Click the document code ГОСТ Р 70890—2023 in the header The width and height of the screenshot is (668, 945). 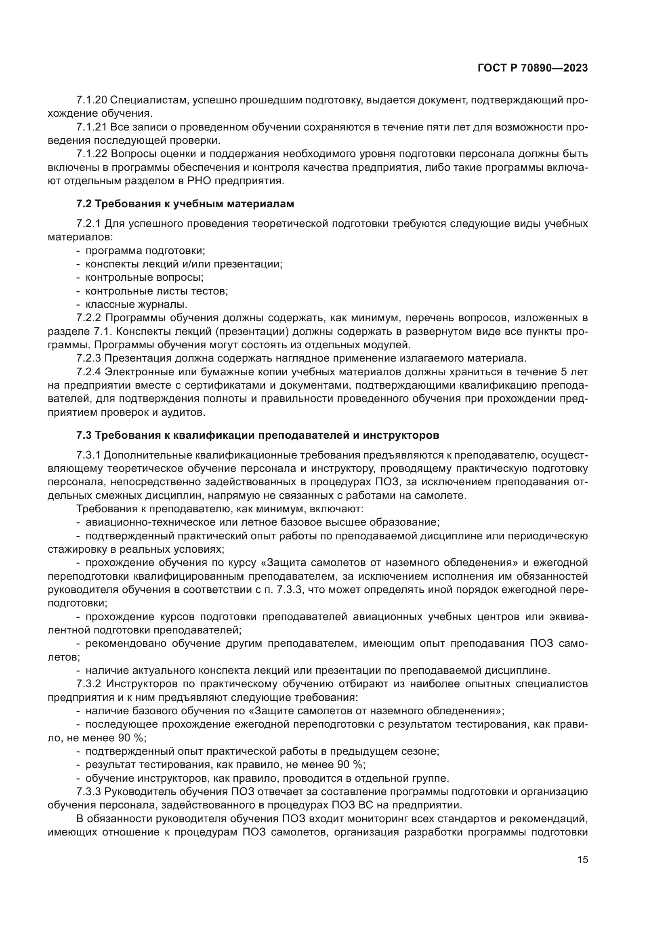click(x=533, y=68)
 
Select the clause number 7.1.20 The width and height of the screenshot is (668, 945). click(x=92, y=100)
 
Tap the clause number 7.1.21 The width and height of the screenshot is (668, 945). click(x=91, y=127)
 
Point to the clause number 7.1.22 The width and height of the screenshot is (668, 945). click(x=92, y=154)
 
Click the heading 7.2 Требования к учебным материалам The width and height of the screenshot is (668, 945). click(x=185, y=204)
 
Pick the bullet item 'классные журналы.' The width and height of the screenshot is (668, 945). click(x=136, y=305)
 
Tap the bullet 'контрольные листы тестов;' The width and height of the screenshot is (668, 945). click(x=156, y=291)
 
